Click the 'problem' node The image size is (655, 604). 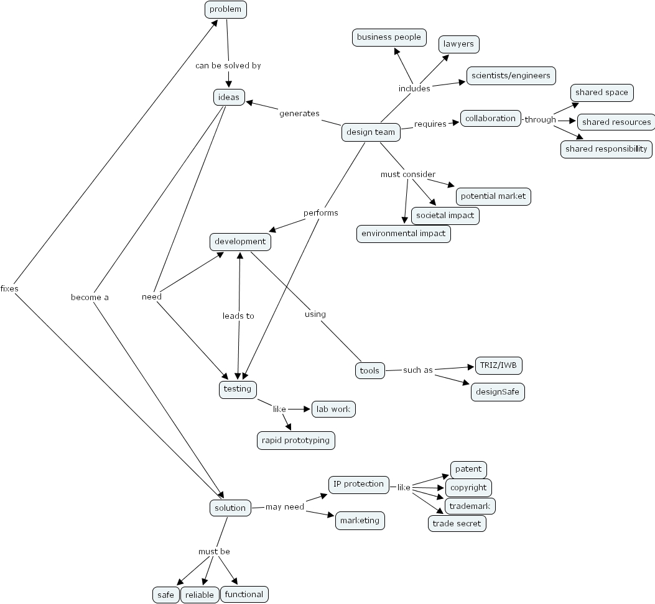click(226, 9)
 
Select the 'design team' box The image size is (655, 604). click(371, 132)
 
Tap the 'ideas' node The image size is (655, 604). click(228, 97)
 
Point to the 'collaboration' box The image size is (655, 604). click(490, 119)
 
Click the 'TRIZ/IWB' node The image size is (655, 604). click(498, 365)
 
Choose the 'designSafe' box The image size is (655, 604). click(497, 392)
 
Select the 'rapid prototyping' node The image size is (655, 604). click(296, 440)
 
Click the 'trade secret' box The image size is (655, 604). click(457, 523)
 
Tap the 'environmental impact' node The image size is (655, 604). click(403, 234)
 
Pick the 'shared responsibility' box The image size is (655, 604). click(606, 149)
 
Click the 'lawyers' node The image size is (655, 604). click(458, 44)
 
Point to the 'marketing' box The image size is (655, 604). click(360, 520)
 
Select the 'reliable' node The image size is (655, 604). click(200, 595)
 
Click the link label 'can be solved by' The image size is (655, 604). click(228, 65)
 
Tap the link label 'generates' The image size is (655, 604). click(299, 113)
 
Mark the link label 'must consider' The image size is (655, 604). click(407, 174)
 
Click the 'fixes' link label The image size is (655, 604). click(9, 288)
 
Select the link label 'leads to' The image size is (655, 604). click(238, 316)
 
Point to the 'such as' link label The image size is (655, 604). click(417, 370)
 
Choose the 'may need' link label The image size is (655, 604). click(285, 506)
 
